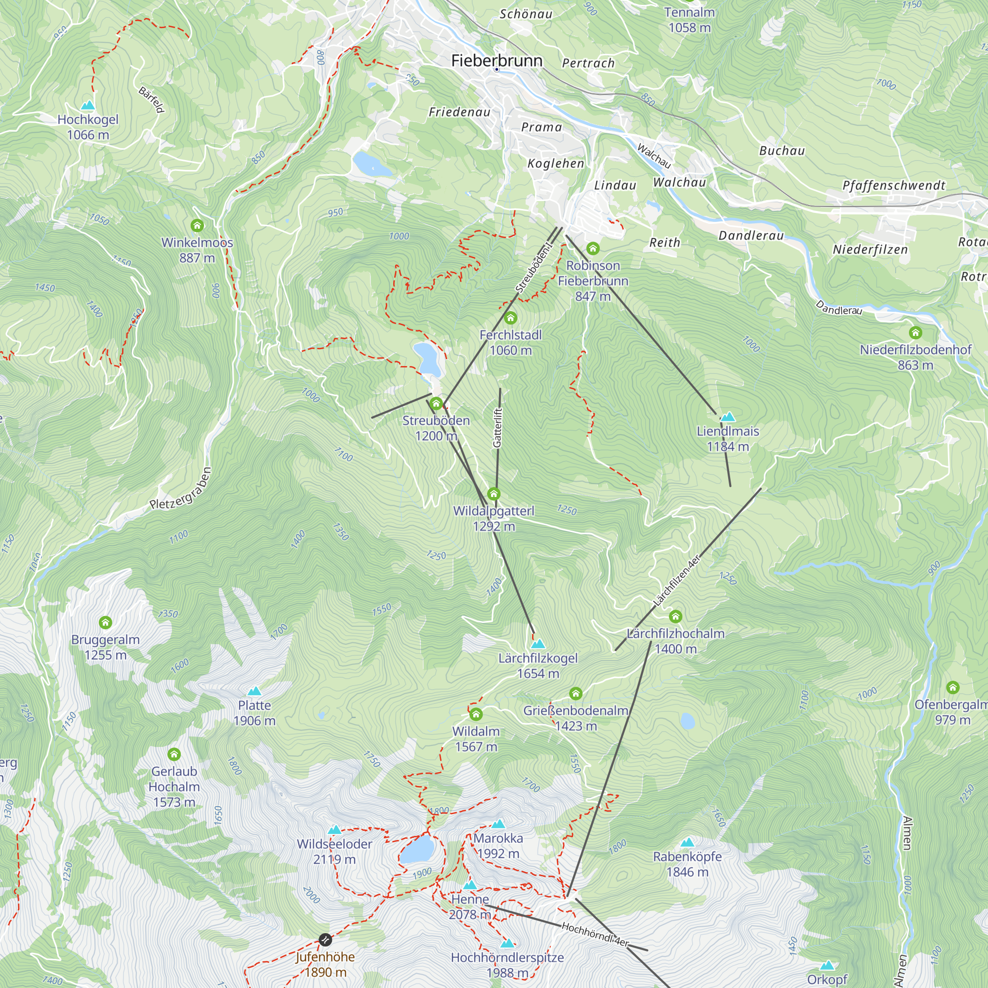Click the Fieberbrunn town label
click(x=496, y=61)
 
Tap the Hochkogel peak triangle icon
click(x=88, y=106)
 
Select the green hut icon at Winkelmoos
click(x=197, y=226)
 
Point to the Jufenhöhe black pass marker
click(x=325, y=940)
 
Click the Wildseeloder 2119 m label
click(x=334, y=852)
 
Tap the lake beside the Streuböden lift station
click(x=427, y=359)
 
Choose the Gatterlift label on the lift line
click(x=497, y=427)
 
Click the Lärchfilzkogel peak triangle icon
click(x=537, y=643)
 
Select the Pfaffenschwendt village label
click(x=893, y=186)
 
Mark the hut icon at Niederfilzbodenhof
click(x=915, y=333)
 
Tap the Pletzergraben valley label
click(x=180, y=489)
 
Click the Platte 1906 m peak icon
click(x=254, y=692)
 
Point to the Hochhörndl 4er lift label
click(x=595, y=934)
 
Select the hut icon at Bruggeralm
click(x=105, y=623)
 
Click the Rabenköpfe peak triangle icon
click(x=687, y=842)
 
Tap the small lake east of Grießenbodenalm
click(x=687, y=722)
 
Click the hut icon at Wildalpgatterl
click(x=494, y=494)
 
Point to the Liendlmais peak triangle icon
click(x=727, y=417)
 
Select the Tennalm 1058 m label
click(x=689, y=20)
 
